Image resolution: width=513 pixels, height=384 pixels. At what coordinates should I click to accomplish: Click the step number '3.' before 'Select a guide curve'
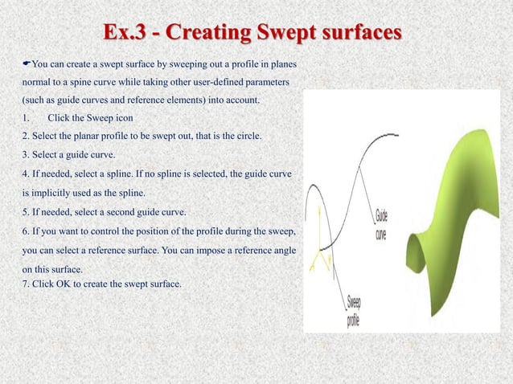[x=27, y=155]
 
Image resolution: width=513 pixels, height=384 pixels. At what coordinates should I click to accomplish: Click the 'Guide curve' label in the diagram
[x=384, y=222]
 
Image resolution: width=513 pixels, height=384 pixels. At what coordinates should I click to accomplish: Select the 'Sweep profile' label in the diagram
[x=355, y=311]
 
